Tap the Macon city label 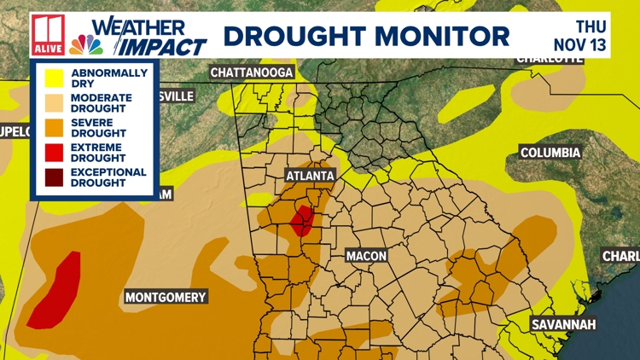[367, 256]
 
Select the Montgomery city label [166, 297]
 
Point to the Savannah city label [562, 325]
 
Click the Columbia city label [550, 153]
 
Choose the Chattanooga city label [252, 73]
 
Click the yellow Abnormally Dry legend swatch [50, 78]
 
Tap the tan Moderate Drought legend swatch [50, 103]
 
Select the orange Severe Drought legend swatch [50, 128]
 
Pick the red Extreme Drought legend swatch [50, 153]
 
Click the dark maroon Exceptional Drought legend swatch [50, 177]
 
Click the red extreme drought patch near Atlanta [301, 222]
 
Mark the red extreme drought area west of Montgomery [56, 290]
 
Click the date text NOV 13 [580, 44]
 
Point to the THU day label [592, 26]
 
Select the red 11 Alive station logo [48, 35]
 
